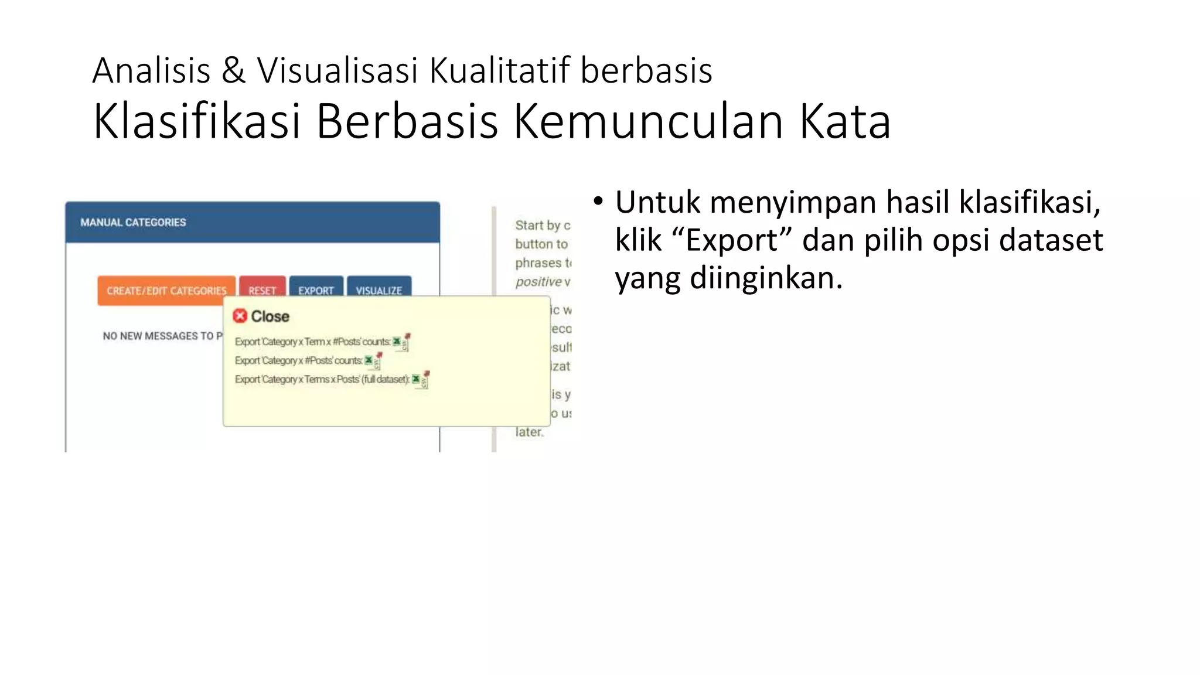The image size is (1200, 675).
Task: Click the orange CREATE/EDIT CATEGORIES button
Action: (x=166, y=290)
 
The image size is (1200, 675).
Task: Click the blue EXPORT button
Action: (x=316, y=289)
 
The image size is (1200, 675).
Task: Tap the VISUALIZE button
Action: (x=379, y=289)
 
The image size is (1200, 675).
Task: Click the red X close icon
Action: (x=240, y=316)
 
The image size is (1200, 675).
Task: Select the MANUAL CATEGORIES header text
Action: (x=133, y=223)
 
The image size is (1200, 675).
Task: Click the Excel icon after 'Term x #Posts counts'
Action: (x=398, y=342)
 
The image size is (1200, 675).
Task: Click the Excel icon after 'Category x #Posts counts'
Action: (x=369, y=360)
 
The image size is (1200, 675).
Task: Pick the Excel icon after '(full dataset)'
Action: (x=417, y=379)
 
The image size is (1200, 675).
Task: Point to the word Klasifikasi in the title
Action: (x=196, y=121)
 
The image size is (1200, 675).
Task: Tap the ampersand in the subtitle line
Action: (x=233, y=70)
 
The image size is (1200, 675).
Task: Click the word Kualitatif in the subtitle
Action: (x=499, y=70)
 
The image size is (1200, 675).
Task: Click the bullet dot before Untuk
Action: (x=598, y=202)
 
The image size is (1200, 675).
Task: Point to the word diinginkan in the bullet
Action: (x=765, y=278)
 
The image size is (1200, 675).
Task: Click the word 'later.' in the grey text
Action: (x=530, y=432)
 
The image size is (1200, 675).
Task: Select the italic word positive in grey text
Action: (x=538, y=282)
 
